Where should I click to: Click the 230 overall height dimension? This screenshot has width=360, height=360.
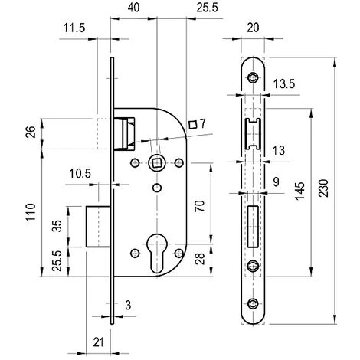324,188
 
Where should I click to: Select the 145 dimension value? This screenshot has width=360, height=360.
300,191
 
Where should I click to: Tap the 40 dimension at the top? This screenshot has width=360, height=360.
133,8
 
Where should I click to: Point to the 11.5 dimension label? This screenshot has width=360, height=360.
74,28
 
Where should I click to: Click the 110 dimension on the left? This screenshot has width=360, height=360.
31,212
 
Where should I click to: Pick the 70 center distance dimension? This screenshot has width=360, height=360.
200,206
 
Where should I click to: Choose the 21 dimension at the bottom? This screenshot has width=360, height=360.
98,342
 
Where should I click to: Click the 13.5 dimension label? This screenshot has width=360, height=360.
284,83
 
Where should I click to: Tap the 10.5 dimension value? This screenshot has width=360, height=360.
80,174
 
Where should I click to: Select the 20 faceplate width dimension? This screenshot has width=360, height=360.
253,28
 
